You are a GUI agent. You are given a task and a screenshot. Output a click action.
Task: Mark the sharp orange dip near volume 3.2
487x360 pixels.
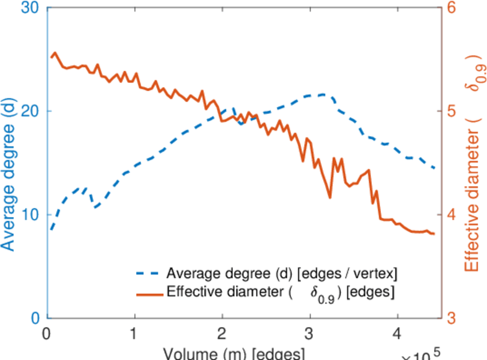tap(329, 197)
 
